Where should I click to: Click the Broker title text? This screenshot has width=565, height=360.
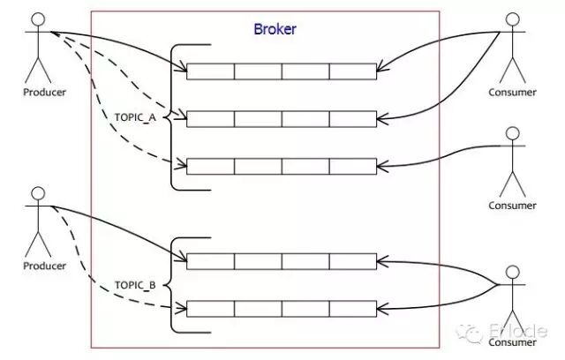[x=275, y=28]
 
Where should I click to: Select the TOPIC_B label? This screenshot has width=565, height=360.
[x=136, y=285]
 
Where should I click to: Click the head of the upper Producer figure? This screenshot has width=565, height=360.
[x=38, y=19]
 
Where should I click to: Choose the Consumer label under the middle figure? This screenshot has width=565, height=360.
[x=513, y=206]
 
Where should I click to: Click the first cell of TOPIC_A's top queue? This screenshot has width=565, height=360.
[x=210, y=71]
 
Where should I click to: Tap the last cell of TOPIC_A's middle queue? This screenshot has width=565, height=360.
[x=353, y=118]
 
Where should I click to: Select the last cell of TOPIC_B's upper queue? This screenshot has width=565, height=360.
[x=353, y=261]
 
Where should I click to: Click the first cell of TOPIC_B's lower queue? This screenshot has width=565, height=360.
[x=210, y=309]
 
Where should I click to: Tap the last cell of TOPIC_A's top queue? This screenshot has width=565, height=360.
[x=353, y=71]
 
